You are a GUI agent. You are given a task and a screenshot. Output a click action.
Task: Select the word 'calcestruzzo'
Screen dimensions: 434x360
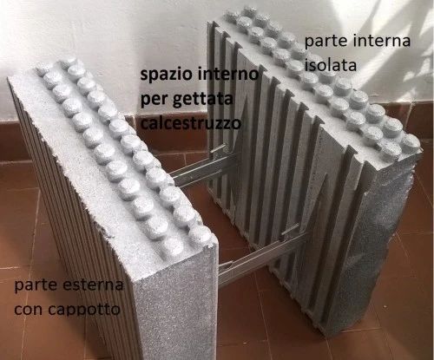tap(191, 123)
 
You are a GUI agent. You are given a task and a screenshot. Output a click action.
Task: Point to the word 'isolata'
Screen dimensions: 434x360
tap(331, 65)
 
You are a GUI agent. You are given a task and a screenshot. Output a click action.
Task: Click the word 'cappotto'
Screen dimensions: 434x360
tap(84, 310)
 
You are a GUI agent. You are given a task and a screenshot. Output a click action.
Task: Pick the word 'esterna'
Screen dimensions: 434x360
tap(93, 285)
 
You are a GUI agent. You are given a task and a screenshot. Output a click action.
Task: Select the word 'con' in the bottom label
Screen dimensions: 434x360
tap(30, 311)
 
